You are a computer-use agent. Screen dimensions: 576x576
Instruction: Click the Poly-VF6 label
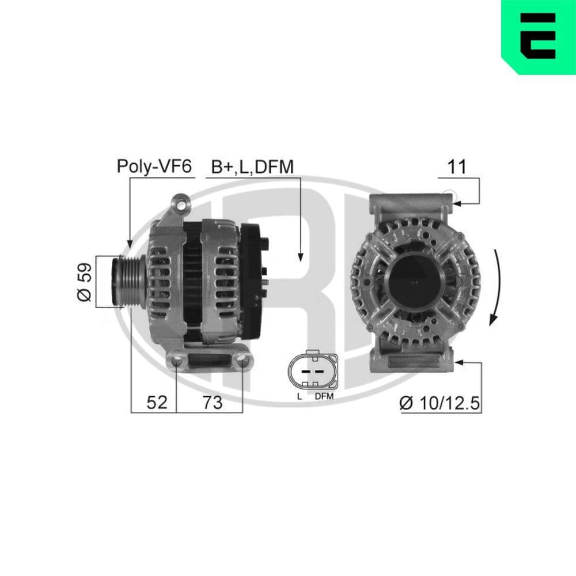pyautogui.click(x=154, y=166)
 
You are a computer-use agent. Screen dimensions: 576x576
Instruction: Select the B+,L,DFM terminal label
pyautogui.click(x=252, y=166)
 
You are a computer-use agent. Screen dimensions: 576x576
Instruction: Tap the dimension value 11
pyautogui.click(x=457, y=166)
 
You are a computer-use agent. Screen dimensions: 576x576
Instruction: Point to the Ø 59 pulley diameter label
pyautogui.click(x=85, y=282)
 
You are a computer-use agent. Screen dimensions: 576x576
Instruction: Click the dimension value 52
pyautogui.click(x=156, y=402)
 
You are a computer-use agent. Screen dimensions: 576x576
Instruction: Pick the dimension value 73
pyautogui.click(x=212, y=402)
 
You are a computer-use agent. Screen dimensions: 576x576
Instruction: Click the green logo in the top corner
pyautogui.click(x=538, y=36)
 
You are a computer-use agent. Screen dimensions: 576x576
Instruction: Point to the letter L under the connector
pyautogui.click(x=299, y=397)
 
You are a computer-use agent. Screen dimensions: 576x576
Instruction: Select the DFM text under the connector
pyautogui.click(x=324, y=397)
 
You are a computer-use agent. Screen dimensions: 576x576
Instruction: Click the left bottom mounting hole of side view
pyautogui.click(x=176, y=362)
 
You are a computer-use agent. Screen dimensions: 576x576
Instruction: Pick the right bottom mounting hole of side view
pyautogui.click(x=242, y=362)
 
